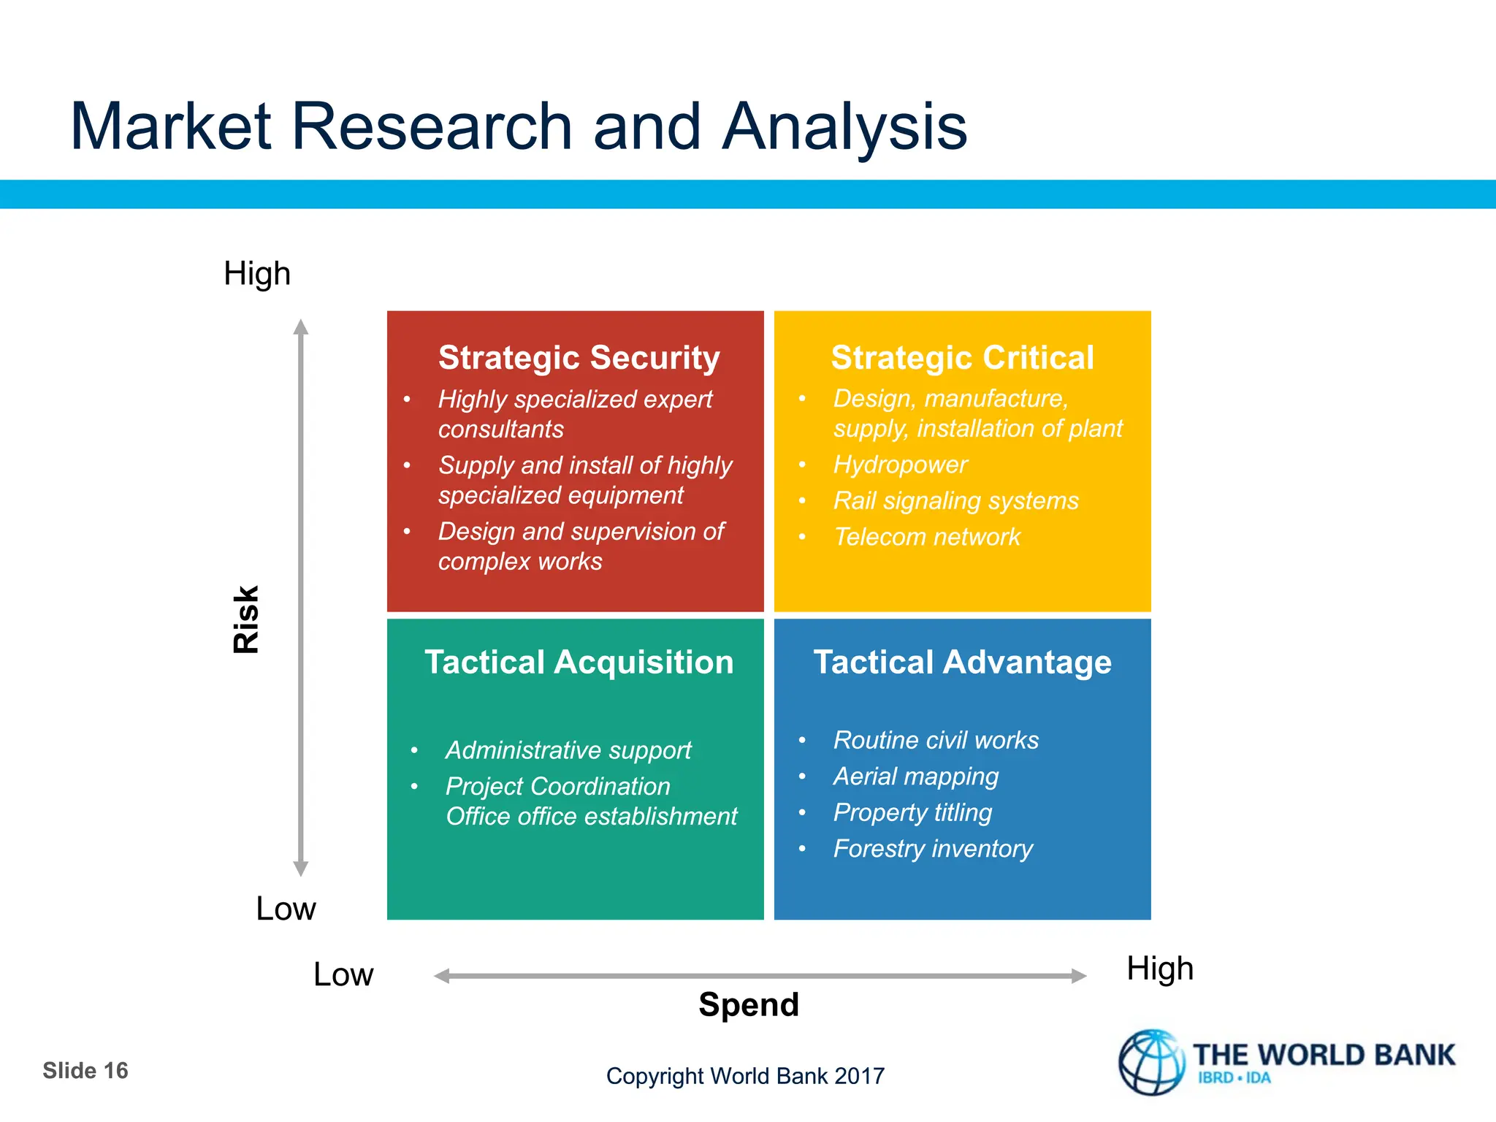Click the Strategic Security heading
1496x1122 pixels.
click(579, 358)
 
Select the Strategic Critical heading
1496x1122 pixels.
click(962, 358)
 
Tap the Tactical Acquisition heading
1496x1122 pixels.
click(579, 663)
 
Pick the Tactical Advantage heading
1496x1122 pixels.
click(962, 663)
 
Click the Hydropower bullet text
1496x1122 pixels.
click(900, 465)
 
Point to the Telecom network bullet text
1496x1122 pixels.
click(926, 537)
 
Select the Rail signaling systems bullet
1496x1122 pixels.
click(955, 501)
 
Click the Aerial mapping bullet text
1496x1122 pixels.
click(915, 776)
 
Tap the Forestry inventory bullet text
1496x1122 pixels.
click(933, 849)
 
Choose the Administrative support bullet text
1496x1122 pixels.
click(568, 750)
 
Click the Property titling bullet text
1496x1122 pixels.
click(912, 812)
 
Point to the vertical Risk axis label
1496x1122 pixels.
click(246, 619)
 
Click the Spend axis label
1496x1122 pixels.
click(748, 1004)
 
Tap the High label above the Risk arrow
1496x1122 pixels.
click(257, 274)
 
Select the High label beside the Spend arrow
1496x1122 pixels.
click(1159, 969)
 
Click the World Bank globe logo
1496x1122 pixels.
click(1151, 1063)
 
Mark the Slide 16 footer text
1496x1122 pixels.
click(85, 1071)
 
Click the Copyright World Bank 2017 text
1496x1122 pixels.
click(745, 1076)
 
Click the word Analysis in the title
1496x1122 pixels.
click(844, 128)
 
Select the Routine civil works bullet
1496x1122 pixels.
click(936, 741)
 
